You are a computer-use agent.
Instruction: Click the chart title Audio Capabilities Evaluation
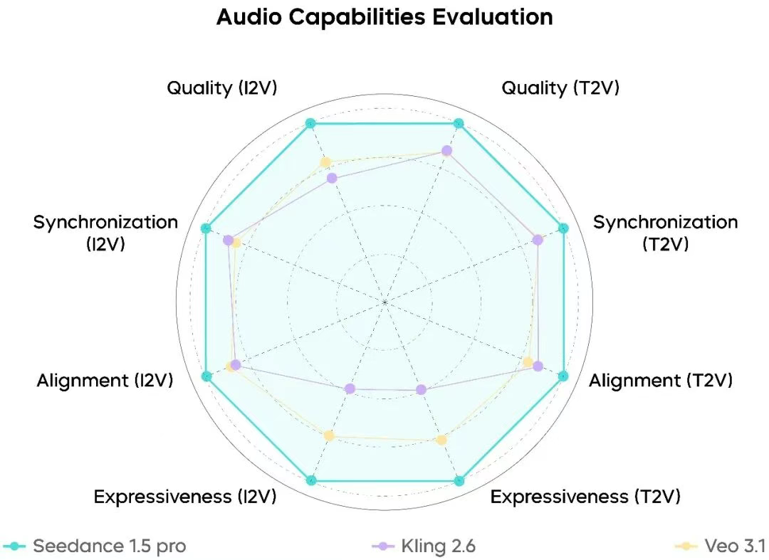click(384, 17)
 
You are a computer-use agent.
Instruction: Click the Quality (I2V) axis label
click(221, 88)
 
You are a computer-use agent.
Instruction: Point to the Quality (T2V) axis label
click(560, 88)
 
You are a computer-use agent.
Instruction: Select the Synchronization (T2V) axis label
click(665, 233)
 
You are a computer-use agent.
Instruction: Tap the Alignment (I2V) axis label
click(105, 381)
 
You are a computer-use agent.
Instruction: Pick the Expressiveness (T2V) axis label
click(585, 497)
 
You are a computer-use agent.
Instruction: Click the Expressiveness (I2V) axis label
click(185, 497)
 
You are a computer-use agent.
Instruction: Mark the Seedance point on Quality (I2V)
click(310, 123)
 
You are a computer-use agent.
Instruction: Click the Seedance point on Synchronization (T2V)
click(563, 228)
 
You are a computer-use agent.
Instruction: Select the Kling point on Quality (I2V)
click(331, 178)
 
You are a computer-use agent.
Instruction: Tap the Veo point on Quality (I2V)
click(326, 162)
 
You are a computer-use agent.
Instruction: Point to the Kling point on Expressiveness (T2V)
click(421, 389)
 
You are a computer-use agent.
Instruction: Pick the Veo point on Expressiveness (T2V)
click(441, 440)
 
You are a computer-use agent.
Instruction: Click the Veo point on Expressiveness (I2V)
click(328, 435)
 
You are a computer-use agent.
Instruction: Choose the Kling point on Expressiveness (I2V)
click(350, 389)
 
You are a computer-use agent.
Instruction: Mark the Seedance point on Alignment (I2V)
click(206, 376)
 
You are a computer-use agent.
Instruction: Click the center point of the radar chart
click(384, 302)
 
